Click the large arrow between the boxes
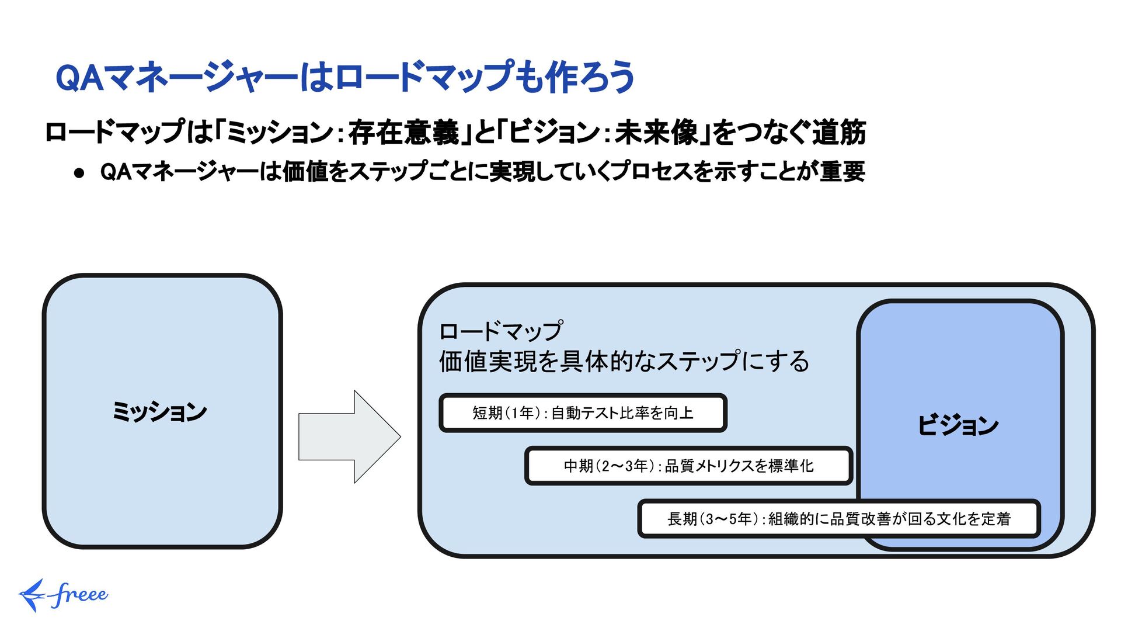click(349, 436)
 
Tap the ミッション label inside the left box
click(159, 412)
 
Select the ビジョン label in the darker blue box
click(958, 425)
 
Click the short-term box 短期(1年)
click(583, 413)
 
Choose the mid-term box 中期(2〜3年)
click(688, 466)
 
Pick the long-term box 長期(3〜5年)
click(838, 518)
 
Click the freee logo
click(64, 595)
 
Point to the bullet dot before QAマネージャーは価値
click(80, 173)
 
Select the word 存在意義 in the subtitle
click(404, 132)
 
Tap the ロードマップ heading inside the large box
click(501, 331)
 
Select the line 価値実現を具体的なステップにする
click(624, 362)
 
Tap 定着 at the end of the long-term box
click(995, 518)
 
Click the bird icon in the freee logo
click(32, 595)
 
